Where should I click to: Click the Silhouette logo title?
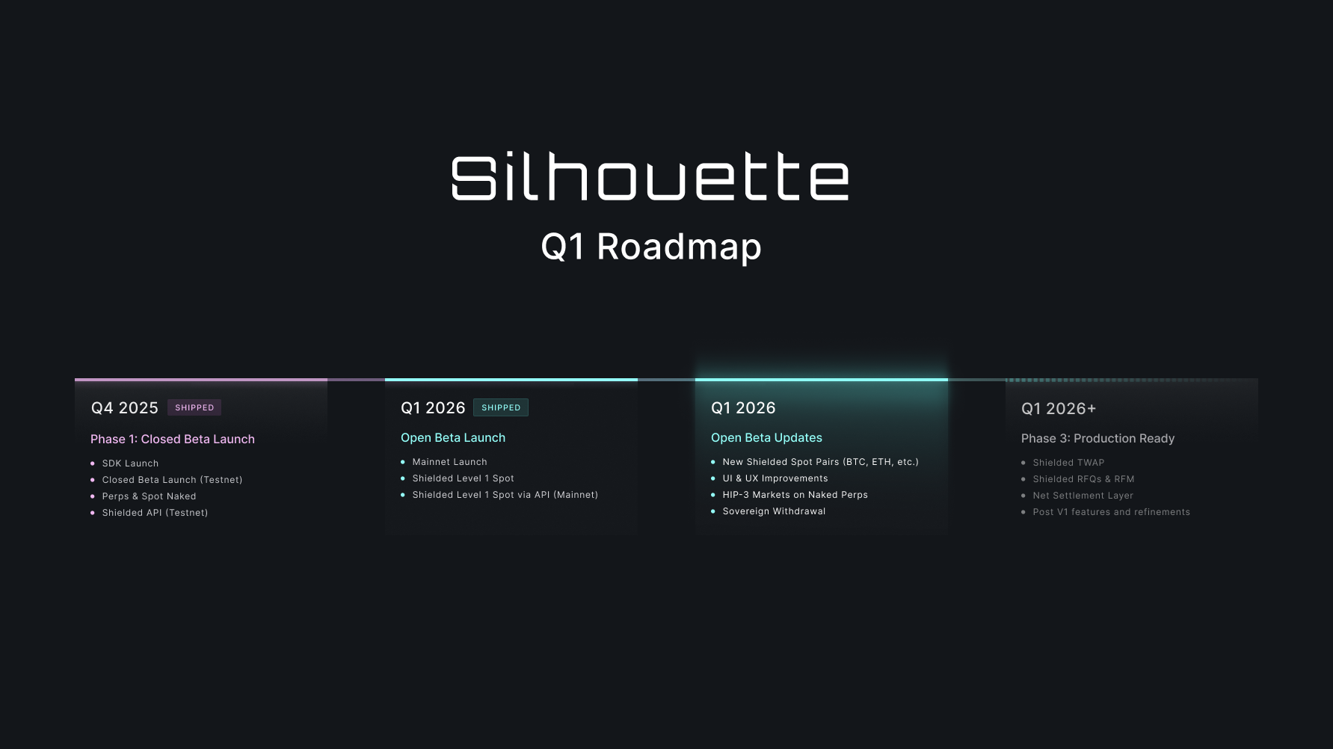pyautogui.click(x=650, y=177)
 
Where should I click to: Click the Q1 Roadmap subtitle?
pyautogui.click(x=651, y=247)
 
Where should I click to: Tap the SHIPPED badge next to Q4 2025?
pyautogui.click(x=194, y=407)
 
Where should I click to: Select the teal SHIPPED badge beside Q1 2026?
pyautogui.click(x=501, y=407)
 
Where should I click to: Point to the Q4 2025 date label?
pyautogui.click(x=125, y=408)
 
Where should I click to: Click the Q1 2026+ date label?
pyautogui.click(x=1059, y=409)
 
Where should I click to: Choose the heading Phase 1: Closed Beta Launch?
pyautogui.click(x=173, y=439)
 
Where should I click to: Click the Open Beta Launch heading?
pyautogui.click(x=453, y=438)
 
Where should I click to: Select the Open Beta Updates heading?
pyautogui.click(x=766, y=438)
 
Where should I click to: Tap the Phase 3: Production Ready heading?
pyautogui.click(x=1098, y=439)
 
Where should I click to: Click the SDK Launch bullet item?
pyautogui.click(x=130, y=463)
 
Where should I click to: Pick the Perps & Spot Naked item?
pyautogui.click(x=149, y=496)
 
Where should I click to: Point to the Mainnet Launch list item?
pyautogui.click(x=449, y=462)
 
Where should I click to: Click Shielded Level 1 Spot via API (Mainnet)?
pyautogui.click(x=505, y=495)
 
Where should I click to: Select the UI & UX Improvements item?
pyautogui.click(x=775, y=478)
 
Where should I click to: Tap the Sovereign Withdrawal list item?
pyautogui.click(x=774, y=511)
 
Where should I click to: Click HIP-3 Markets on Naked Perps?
pyautogui.click(x=795, y=495)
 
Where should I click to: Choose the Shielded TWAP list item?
pyautogui.click(x=1068, y=463)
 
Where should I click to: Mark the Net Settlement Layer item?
pyautogui.click(x=1083, y=496)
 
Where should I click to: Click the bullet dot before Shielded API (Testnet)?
pyautogui.click(x=93, y=513)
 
